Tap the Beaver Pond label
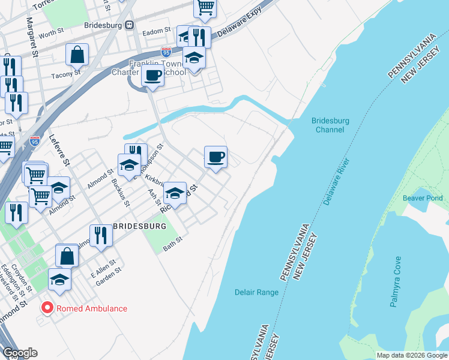(423, 198)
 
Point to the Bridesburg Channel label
(331, 125)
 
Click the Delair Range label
(256, 292)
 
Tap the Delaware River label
(336, 182)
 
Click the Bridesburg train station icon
(129, 25)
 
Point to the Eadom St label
(157, 31)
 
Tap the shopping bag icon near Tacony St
(77, 56)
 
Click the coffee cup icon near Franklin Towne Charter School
(152, 76)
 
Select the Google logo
(20, 353)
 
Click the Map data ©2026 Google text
(411, 355)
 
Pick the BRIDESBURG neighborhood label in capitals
(139, 226)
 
